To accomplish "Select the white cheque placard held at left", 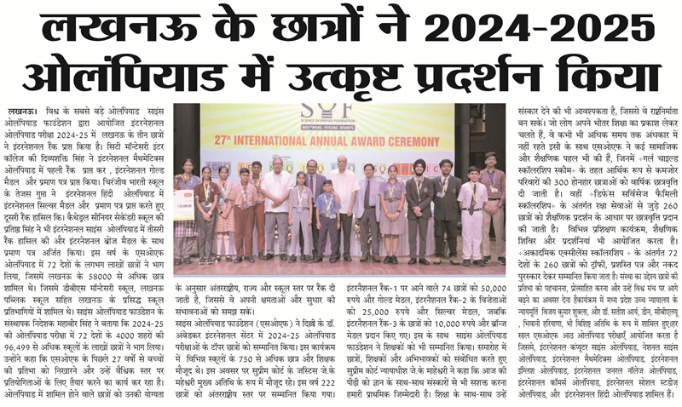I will (183, 204).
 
